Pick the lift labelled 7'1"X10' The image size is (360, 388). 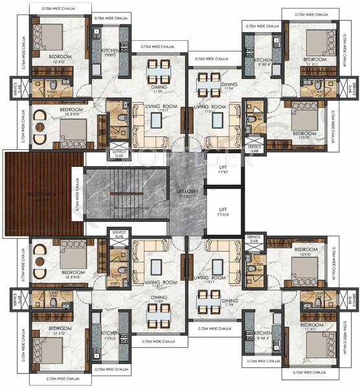coord(222,212)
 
